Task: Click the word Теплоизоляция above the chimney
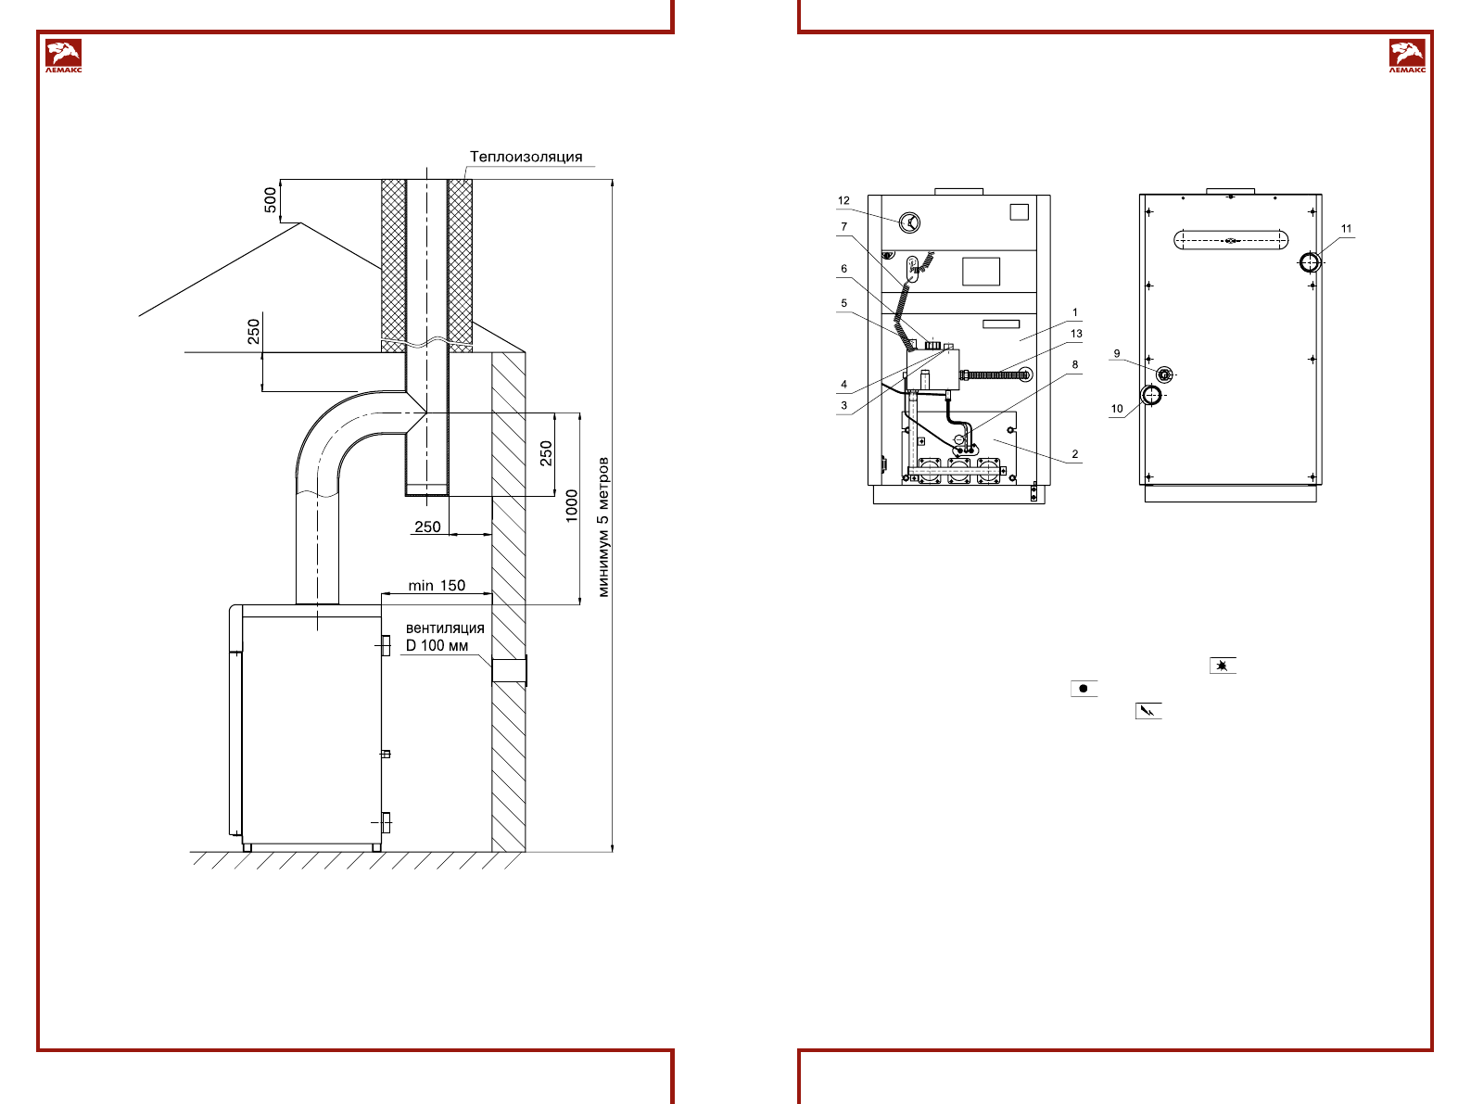526,157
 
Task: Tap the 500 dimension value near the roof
270,200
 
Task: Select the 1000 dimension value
572,506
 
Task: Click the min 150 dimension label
437,586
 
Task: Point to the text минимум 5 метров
603,527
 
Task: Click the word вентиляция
445,628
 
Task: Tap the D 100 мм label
437,646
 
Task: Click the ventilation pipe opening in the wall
509,670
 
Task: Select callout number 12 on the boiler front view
843,200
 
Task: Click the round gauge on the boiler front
909,222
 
